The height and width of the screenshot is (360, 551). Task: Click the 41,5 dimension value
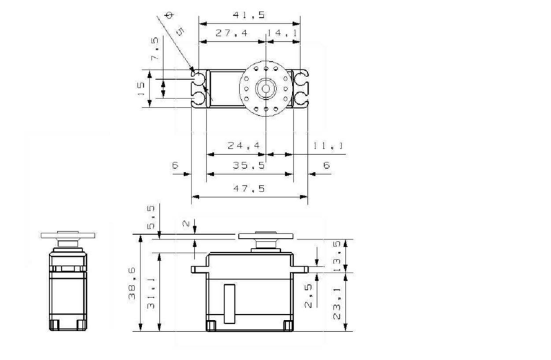(x=249, y=15)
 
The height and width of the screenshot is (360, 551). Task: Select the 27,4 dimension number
(x=231, y=33)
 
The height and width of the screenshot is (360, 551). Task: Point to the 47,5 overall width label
(x=249, y=189)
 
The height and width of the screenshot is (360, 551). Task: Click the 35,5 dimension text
(x=249, y=165)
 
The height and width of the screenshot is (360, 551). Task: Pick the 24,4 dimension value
(x=244, y=145)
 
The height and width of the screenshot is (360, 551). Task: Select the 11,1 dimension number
(x=328, y=145)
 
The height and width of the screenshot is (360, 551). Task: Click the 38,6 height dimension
(x=132, y=283)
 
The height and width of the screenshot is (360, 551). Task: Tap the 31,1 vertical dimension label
(x=151, y=294)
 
